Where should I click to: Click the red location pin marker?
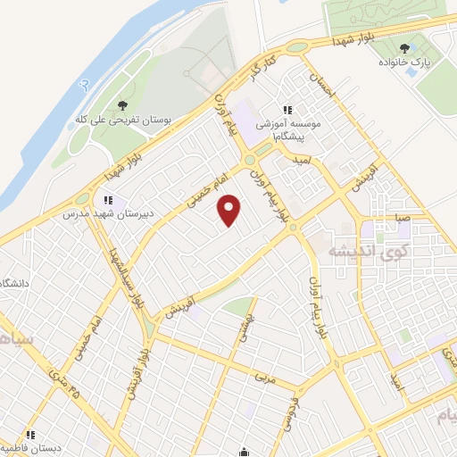click(x=230, y=211)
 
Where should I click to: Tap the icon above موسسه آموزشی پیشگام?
click(x=287, y=109)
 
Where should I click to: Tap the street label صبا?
click(x=403, y=217)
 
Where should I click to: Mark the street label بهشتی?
click(x=241, y=328)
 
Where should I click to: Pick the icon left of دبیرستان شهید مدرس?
click(x=108, y=200)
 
